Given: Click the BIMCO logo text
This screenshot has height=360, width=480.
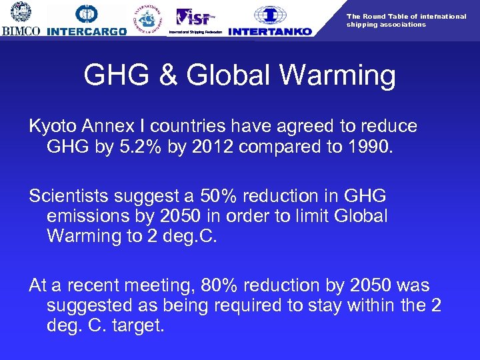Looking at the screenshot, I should click(21, 31).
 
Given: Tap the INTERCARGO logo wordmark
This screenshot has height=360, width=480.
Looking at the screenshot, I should click(87, 31).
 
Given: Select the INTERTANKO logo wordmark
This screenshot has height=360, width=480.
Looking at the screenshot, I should click(269, 31).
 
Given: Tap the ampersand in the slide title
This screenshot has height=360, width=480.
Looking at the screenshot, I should click(171, 75).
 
